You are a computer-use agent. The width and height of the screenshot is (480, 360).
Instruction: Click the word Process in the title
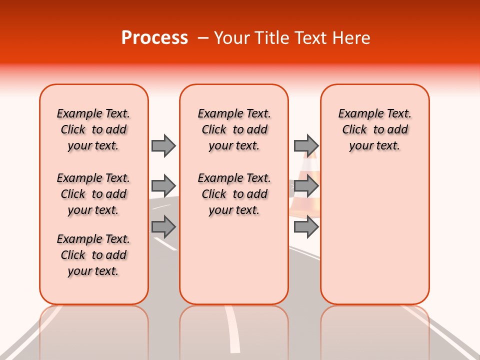click(154, 38)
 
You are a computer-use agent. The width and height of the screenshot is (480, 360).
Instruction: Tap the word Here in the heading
click(352, 38)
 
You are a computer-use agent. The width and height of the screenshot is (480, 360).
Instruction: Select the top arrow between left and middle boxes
click(163, 145)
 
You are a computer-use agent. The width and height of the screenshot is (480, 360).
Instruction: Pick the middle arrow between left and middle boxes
click(163, 186)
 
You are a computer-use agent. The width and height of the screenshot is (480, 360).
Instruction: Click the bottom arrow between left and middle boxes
click(163, 227)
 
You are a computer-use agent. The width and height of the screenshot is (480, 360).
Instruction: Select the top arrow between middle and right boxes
click(306, 145)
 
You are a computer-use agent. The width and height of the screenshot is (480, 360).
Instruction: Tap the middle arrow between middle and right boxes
click(306, 186)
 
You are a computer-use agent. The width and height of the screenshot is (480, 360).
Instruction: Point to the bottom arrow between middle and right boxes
click(306, 227)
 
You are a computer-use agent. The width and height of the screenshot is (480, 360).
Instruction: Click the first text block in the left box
click(93, 129)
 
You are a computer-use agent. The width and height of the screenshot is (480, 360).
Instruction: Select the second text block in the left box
click(93, 194)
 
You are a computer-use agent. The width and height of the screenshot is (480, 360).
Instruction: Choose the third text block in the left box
click(93, 255)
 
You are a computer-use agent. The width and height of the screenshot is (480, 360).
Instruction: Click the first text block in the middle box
click(234, 129)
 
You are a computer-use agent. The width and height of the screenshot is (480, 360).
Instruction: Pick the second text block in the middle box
click(234, 194)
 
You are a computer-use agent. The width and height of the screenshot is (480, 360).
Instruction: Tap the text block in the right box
click(375, 129)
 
